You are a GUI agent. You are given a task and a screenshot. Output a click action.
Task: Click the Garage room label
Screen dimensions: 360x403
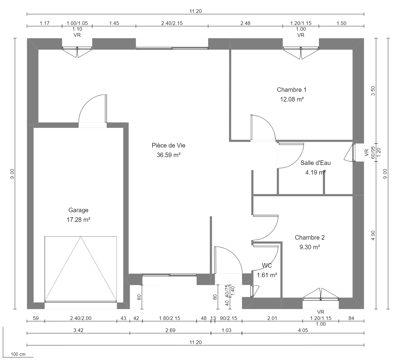(78, 210)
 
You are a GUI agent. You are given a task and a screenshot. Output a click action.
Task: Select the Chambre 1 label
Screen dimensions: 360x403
(291, 90)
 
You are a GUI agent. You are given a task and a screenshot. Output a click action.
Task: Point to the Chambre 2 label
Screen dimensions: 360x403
(309, 237)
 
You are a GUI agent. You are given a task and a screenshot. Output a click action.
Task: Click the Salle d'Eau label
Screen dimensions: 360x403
(315, 163)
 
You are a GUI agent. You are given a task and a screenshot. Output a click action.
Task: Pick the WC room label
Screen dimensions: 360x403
(267, 265)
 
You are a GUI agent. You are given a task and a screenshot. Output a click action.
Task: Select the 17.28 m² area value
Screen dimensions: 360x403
(78, 220)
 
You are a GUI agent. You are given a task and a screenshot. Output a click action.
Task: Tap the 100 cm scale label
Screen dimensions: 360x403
(18, 354)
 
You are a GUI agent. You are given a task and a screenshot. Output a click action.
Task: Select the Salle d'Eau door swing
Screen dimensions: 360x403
(290, 155)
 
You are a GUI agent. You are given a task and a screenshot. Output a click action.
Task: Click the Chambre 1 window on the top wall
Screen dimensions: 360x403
(301, 48)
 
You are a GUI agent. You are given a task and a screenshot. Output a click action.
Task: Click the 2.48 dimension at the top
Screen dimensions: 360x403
(245, 23)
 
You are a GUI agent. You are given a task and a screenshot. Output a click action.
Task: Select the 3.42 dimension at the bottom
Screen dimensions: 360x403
(78, 330)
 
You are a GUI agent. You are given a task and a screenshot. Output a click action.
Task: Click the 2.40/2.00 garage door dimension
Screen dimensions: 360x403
(81, 318)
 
